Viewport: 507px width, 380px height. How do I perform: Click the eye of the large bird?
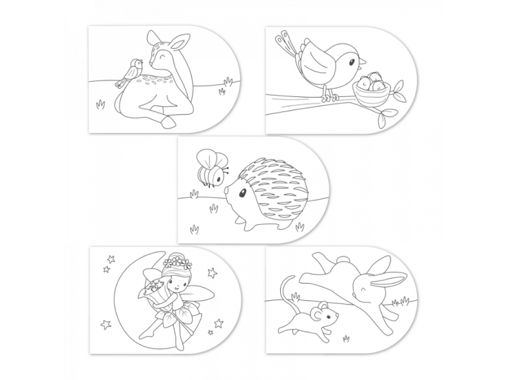[351, 60]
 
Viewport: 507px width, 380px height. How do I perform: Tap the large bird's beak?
[363, 61]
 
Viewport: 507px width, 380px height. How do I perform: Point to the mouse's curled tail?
[285, 291]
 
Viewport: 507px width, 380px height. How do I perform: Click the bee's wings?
[205, 159]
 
